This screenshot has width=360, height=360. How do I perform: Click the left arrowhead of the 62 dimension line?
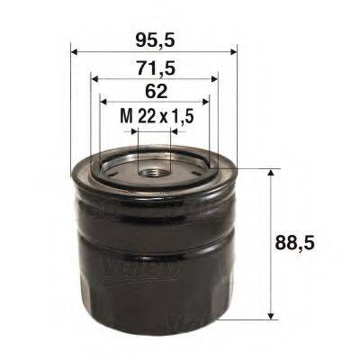pyautogui.click(x=103, y=102)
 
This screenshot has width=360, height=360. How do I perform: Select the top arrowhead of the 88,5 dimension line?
pyautogui.click(x=271, y=171)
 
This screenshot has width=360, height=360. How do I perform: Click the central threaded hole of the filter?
pyautogui.click(x=154, y=168)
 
